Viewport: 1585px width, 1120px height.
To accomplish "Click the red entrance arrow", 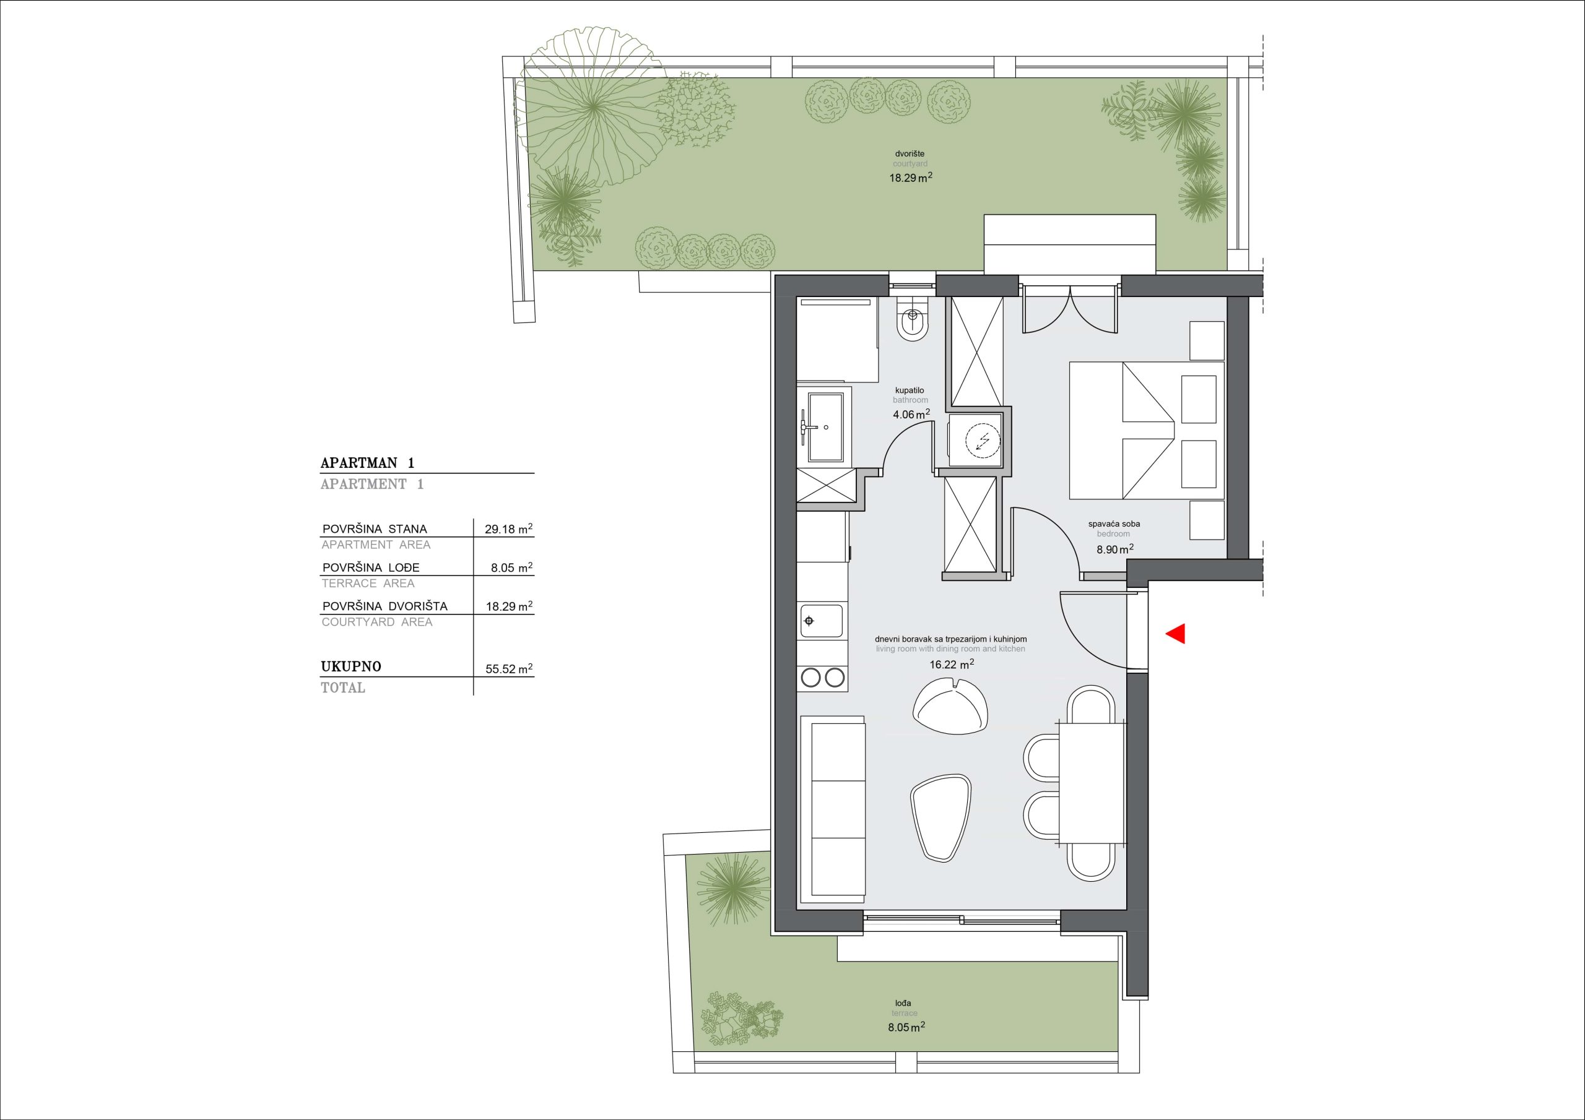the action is [x=1175, y=634].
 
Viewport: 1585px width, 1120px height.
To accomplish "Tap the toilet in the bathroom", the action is [x=912, y=319].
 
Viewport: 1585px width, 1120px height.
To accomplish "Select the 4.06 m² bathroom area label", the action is [x=911, y=414].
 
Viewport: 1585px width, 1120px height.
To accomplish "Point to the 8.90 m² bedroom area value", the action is [x=1115, y=549].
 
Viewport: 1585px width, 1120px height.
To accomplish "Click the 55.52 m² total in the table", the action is [x=510, y=669].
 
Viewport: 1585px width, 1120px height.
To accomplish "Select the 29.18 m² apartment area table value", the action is [x=510, y=529].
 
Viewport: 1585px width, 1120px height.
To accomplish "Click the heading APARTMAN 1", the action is [x=367, y=463].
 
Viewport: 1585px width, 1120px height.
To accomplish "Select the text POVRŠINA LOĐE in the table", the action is [x=371, y=568].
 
